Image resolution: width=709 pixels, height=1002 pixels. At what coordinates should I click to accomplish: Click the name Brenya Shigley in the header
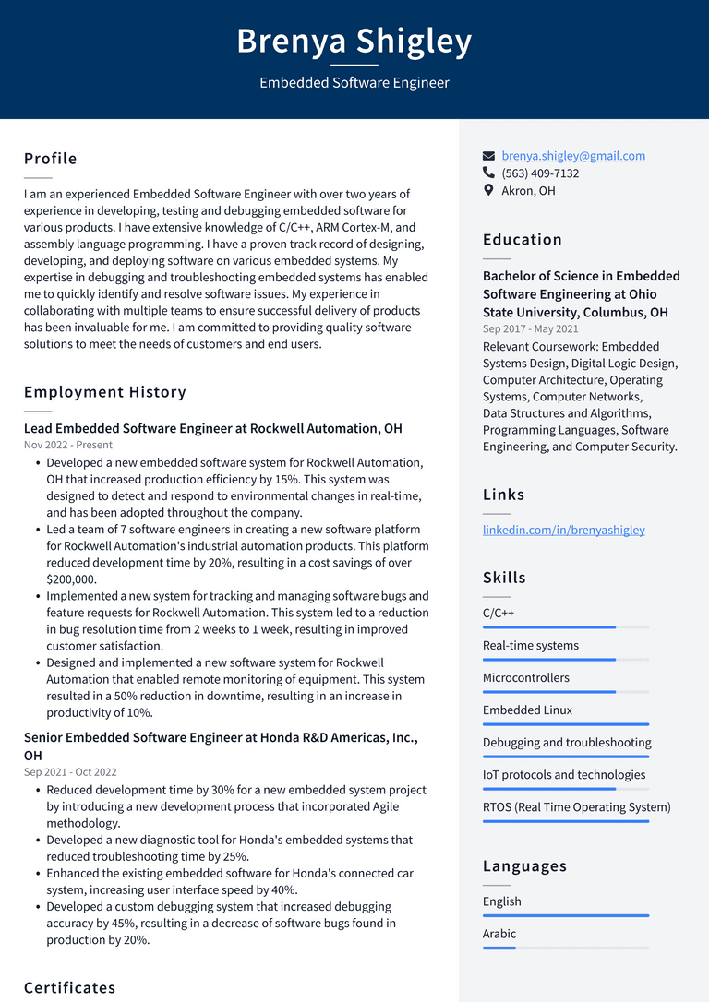coord(354,42)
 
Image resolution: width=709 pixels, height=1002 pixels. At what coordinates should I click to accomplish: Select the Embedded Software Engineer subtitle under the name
coord(354,83)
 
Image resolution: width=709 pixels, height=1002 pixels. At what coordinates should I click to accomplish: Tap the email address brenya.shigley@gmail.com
coord(573,156)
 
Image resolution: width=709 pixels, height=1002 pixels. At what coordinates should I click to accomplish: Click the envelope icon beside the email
coord(489,156)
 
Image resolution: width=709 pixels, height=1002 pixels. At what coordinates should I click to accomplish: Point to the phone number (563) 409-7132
coord(540,173)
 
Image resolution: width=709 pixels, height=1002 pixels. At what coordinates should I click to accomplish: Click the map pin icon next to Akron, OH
coord(489,191)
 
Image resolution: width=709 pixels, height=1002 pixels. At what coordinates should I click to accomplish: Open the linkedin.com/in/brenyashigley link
coord(563,530)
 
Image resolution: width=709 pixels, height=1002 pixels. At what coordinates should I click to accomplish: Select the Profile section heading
coord(51,159)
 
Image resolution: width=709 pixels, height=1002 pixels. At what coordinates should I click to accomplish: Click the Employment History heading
coord(105,392)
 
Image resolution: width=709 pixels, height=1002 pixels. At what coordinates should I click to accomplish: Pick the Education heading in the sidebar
coord(523,240)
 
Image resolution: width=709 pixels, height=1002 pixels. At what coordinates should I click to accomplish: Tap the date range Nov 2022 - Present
coord(68,445)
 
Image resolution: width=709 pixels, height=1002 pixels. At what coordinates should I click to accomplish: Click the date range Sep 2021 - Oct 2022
coord(70,772)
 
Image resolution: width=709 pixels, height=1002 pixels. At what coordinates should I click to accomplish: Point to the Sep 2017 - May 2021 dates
coord(531,329)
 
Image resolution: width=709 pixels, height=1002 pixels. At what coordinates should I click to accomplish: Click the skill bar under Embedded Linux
coord(565,724)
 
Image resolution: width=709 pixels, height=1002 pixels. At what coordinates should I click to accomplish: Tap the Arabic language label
coord(499,934)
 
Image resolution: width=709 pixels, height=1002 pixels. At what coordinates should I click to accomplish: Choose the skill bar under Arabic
coord(565,948)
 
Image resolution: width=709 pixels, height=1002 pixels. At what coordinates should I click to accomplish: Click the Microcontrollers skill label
coord(526,678)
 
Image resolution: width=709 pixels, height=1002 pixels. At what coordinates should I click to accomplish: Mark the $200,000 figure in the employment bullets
coord(71,579)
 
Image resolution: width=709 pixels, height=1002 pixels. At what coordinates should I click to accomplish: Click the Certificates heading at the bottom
coord(70,988)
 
